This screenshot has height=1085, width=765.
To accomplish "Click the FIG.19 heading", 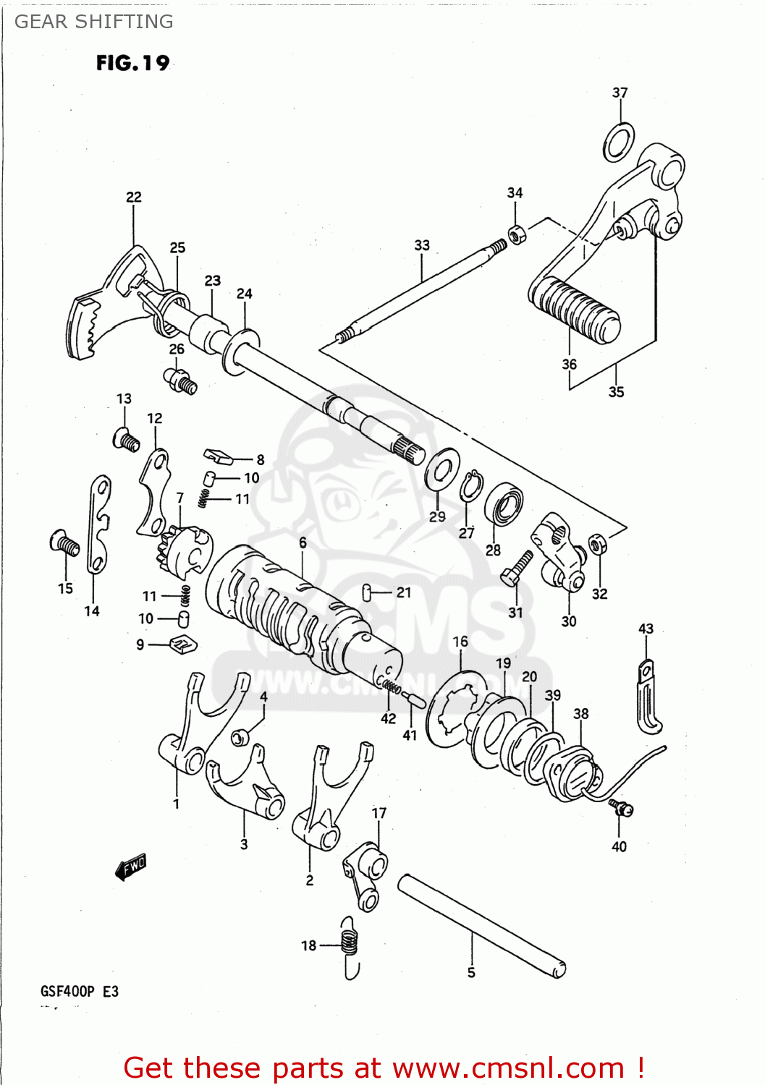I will pyautogui.click(x=132, y=64).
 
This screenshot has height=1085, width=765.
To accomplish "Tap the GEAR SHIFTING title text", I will pyautogui.click(x=94, y=22).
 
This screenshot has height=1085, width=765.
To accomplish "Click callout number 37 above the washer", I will pyautogui.click(x=620, y=93).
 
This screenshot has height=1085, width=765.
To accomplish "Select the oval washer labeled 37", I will pyautogui.click(x=619, y=142).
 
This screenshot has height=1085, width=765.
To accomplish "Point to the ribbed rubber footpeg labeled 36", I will pyautogui.click(x=575, y=310).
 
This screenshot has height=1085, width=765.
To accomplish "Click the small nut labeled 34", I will pyautogui.click(x=517, y=234).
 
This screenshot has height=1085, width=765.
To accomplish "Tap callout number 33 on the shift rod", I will pyautogui.click(x=422, y=245).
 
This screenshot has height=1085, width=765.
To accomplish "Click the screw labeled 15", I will pyautogui.click(x=64, y=542).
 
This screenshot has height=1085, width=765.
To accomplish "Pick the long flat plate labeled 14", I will pyautogui.click(x=98, y=524).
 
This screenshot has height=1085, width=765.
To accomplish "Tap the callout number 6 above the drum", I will pyautogui.click(x=303, y=542).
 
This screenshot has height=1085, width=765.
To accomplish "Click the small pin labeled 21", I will pyautogui.click(x=367, y=593).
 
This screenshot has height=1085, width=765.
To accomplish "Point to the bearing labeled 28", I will pyautogui.click(x=504, y=505).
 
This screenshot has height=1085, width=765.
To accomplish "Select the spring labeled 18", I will pyautogui.click(x=350, y=943).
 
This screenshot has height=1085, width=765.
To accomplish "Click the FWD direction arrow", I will pyautogui.click(x=132, y=866).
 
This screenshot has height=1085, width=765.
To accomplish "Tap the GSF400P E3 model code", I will pyautogui.click(x=80, y=991).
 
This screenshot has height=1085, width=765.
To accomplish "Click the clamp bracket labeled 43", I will pyautogui.click(x=647, y=698).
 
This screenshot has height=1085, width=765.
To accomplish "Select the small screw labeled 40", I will pyautogui.click(x=621, y=808).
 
